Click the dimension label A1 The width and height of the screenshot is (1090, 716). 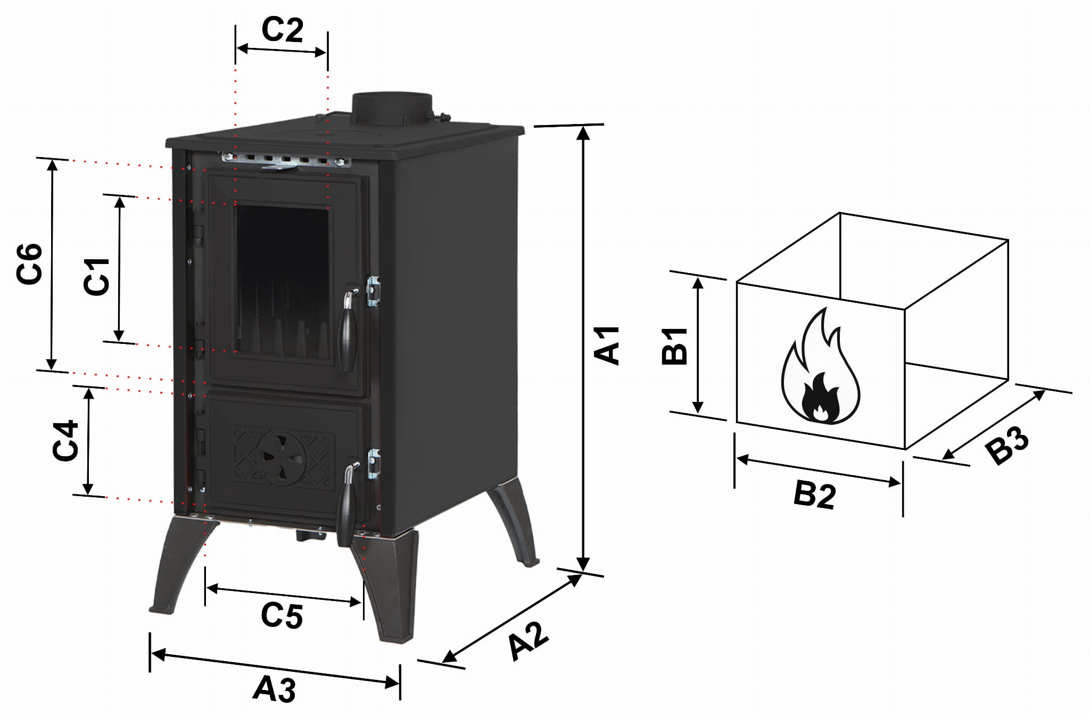(608, 346)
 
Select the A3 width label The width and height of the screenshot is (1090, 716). (275, 689)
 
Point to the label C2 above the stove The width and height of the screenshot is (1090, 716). (282, 30)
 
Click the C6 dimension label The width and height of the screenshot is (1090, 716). (30, 264)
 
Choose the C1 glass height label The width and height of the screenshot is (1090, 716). (97, 276)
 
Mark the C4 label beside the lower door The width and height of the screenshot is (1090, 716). (66, 441)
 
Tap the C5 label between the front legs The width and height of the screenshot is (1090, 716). (282, 616)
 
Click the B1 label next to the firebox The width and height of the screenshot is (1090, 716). (675, 347)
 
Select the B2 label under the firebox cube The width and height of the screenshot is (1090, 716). (814, 495)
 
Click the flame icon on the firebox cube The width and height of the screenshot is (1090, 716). (820, 367)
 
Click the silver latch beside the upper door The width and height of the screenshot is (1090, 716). (374, 291)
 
